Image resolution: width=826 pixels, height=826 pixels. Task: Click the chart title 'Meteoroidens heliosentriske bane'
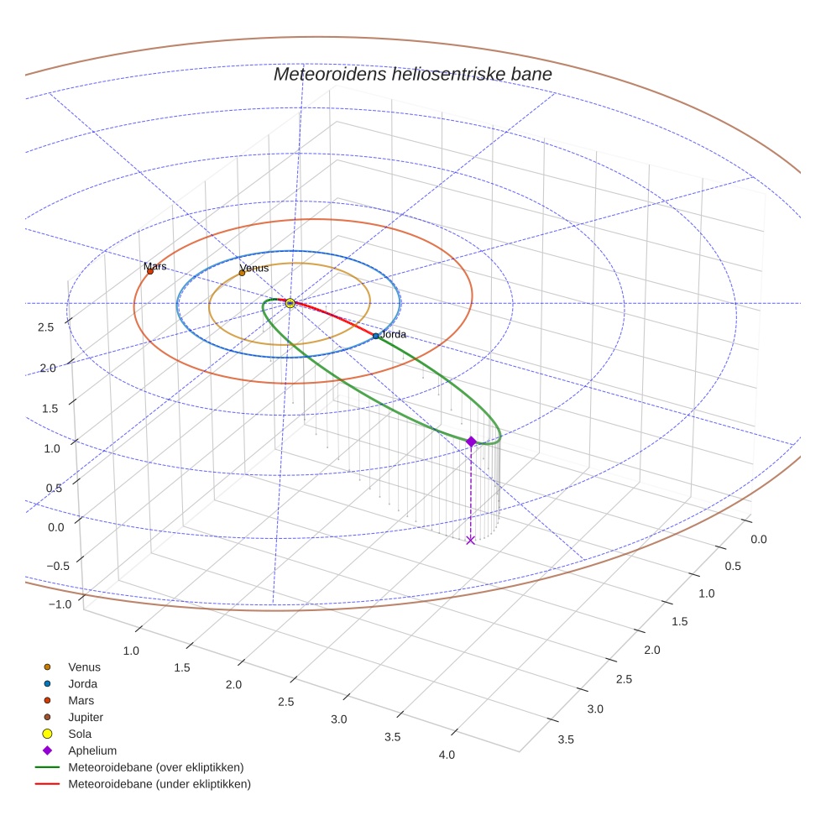[412, 74]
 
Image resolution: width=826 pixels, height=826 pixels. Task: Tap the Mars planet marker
[150, 271]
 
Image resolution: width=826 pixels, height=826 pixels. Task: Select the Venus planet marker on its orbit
[242, 272]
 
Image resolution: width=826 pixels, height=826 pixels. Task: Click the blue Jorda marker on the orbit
[376, 336]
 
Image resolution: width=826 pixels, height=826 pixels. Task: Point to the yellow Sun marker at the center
[290, 303]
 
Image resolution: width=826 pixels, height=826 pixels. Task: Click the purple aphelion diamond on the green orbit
[471, 442]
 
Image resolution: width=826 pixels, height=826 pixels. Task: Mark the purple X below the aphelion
[470, 540]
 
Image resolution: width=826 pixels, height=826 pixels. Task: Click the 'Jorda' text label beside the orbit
[394, 334]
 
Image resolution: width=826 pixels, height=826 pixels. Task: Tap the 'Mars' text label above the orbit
[155, 266]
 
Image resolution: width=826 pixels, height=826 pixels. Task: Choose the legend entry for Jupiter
[85, 717]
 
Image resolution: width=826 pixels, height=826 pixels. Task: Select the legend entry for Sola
[80, 734]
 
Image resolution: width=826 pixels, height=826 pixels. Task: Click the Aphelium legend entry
[91, 750]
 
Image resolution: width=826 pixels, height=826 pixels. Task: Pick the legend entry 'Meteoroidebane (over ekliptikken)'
[155, 767]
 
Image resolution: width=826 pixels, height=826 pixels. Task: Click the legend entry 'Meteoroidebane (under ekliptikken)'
[159, 784]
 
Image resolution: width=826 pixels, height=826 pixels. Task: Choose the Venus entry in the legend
[84, 667]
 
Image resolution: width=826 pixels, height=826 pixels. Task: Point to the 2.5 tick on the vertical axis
[47, 327]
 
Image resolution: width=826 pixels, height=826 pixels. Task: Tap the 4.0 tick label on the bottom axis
[447, 755]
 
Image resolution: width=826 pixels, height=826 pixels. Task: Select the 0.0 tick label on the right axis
[758, 539]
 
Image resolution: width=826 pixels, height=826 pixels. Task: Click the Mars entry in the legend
[81, 700]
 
